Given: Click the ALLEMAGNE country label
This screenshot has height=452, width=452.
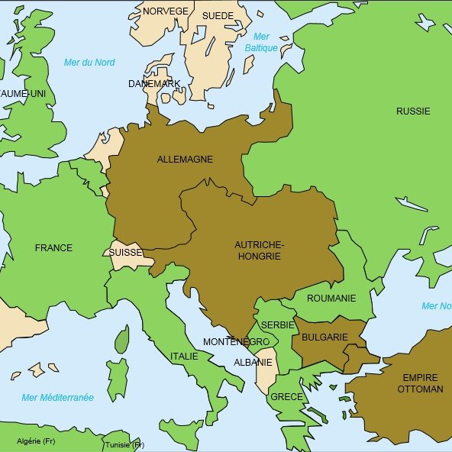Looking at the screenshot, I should point(185,160).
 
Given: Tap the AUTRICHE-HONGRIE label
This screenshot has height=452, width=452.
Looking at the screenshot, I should point(258,250).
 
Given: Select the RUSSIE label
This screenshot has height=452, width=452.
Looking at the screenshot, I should point(412,111).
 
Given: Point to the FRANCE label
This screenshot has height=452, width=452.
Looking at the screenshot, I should point(53,248).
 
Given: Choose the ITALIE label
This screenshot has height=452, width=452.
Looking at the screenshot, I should point(184,357).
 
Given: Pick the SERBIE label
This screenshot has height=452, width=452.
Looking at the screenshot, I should point(278,325).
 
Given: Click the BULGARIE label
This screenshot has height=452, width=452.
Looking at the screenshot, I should point(324,337).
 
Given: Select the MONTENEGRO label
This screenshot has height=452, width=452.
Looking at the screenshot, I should point(236,342).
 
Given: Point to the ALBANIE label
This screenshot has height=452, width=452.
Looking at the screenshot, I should point(253,363).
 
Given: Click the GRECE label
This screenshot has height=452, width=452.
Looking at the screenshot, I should point(286,397).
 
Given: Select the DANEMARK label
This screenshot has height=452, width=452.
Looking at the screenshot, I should point(154,84).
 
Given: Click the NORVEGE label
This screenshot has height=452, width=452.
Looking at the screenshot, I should point(165,11).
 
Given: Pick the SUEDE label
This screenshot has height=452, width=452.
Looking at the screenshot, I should point(218,15).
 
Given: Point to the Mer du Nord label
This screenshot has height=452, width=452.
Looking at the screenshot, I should point(89,63).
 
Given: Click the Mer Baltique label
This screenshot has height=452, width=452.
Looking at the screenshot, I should point(261,42).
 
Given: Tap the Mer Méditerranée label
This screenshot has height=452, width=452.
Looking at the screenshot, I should point(58,398).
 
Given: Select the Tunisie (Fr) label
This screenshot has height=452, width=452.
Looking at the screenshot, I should point(124,444).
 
